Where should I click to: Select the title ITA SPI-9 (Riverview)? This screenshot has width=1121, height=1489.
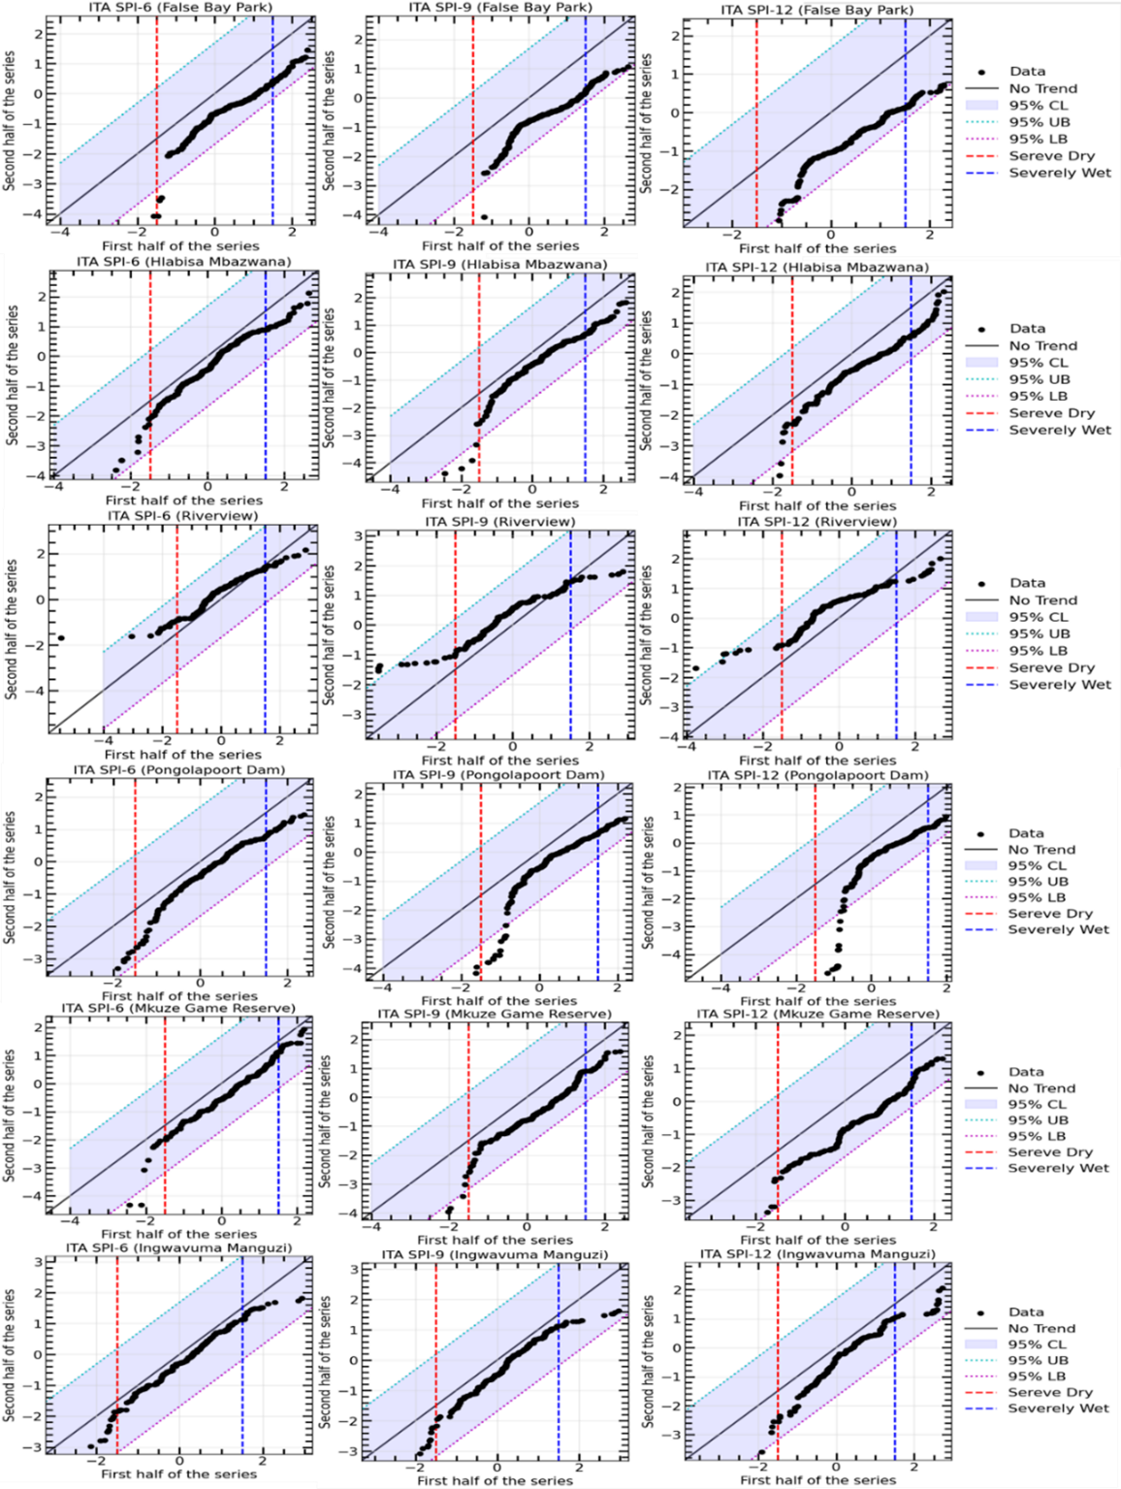(x=500, y=522)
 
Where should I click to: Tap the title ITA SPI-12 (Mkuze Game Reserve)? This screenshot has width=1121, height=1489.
(x=817, y=1014)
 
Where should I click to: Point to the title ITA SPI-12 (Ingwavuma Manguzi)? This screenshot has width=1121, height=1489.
(x=817, y=1254)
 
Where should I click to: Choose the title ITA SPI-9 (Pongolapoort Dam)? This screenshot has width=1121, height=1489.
(x=498, y=775)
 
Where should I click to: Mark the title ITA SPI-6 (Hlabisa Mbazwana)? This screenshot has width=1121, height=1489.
(x=183, y=262)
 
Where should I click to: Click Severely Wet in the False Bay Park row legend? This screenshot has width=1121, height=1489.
(x=1060, y=173)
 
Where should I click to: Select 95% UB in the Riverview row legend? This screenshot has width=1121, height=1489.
(x=1039, y=633)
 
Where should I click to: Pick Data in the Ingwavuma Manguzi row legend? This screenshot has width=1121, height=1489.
(x=1026, y=1311)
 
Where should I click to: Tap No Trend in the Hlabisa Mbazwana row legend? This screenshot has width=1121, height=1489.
(x=1042, y=345)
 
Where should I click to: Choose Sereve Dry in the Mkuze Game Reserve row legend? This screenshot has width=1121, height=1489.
(x=1050, y=1152)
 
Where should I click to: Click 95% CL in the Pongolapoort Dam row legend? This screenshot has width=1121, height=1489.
(x=1037, y=865)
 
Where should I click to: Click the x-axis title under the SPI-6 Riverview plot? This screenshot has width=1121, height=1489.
(x=183, y=754)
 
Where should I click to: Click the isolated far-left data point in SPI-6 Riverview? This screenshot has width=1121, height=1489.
(x=62, y=637)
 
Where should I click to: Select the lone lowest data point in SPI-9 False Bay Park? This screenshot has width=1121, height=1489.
(x=483, y=217)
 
